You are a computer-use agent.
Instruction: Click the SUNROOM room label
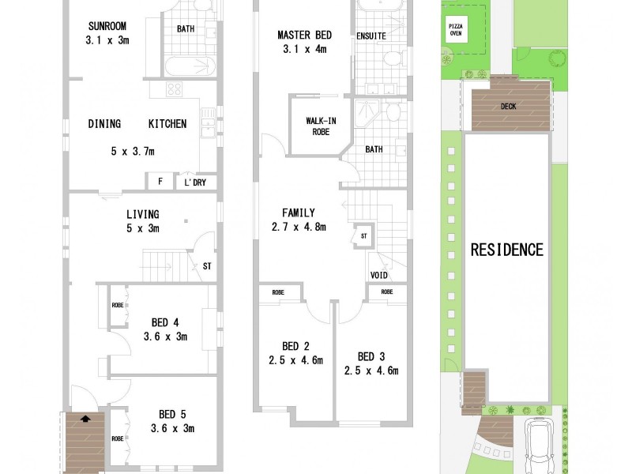click(107, 25)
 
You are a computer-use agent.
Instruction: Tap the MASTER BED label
click(304, 35)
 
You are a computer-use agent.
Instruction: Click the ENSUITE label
click(371, 36)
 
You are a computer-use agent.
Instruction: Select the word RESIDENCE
click(507, 250)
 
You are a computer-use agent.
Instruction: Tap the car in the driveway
click(540, 442)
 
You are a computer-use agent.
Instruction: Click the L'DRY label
click(194, 182)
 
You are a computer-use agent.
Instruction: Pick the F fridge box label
click(160, 182)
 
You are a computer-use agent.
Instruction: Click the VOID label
click(379, 275)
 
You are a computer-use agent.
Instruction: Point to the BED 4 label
click(165, 322)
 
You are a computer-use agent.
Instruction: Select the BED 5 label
click(171, 414)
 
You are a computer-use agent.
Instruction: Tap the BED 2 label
click(296, 346)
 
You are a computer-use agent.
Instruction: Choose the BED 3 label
click(371, 355)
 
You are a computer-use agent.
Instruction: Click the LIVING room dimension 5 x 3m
click(142, 229)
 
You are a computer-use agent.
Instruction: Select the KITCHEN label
click(167, 124)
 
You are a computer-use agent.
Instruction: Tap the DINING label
click(104, 124)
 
